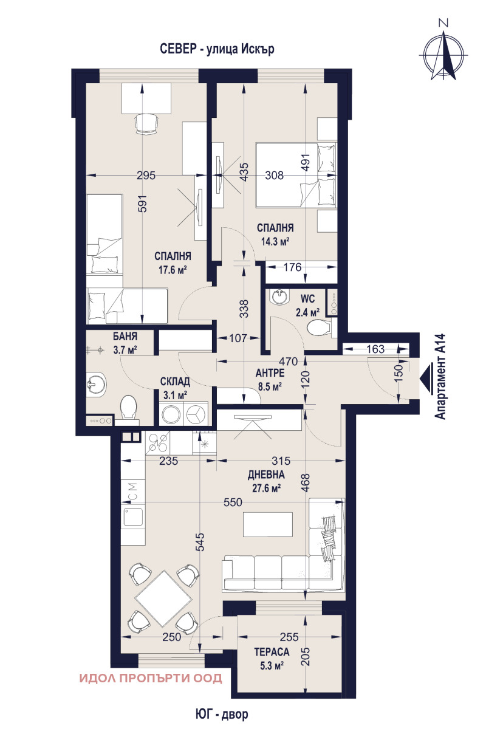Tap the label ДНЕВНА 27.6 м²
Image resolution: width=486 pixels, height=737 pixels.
(x=266, y=481)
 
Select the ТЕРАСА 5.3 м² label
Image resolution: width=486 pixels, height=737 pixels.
(x=272, y=659)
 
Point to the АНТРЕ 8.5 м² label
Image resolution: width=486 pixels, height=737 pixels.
(x=270, y=379)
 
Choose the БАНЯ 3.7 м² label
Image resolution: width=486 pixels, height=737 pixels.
(x=125, y=343)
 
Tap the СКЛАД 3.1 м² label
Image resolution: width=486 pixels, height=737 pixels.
(x=175, y=388)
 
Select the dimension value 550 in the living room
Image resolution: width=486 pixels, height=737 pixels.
(x=233, y=502)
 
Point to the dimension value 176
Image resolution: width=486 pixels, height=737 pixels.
(x=292, y=267)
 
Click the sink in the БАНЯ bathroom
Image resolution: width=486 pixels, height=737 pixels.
(x=96, y=384)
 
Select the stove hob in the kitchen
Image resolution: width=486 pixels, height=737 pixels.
(x=157, y=442)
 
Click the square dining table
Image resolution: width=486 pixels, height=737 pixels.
(x=163, y=599)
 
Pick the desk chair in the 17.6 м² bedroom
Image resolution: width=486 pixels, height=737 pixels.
(x=146, y=123)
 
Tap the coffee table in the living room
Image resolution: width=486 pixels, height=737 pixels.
(x=268, y=524)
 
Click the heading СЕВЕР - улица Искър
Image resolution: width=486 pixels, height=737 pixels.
(x=217, y=49)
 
